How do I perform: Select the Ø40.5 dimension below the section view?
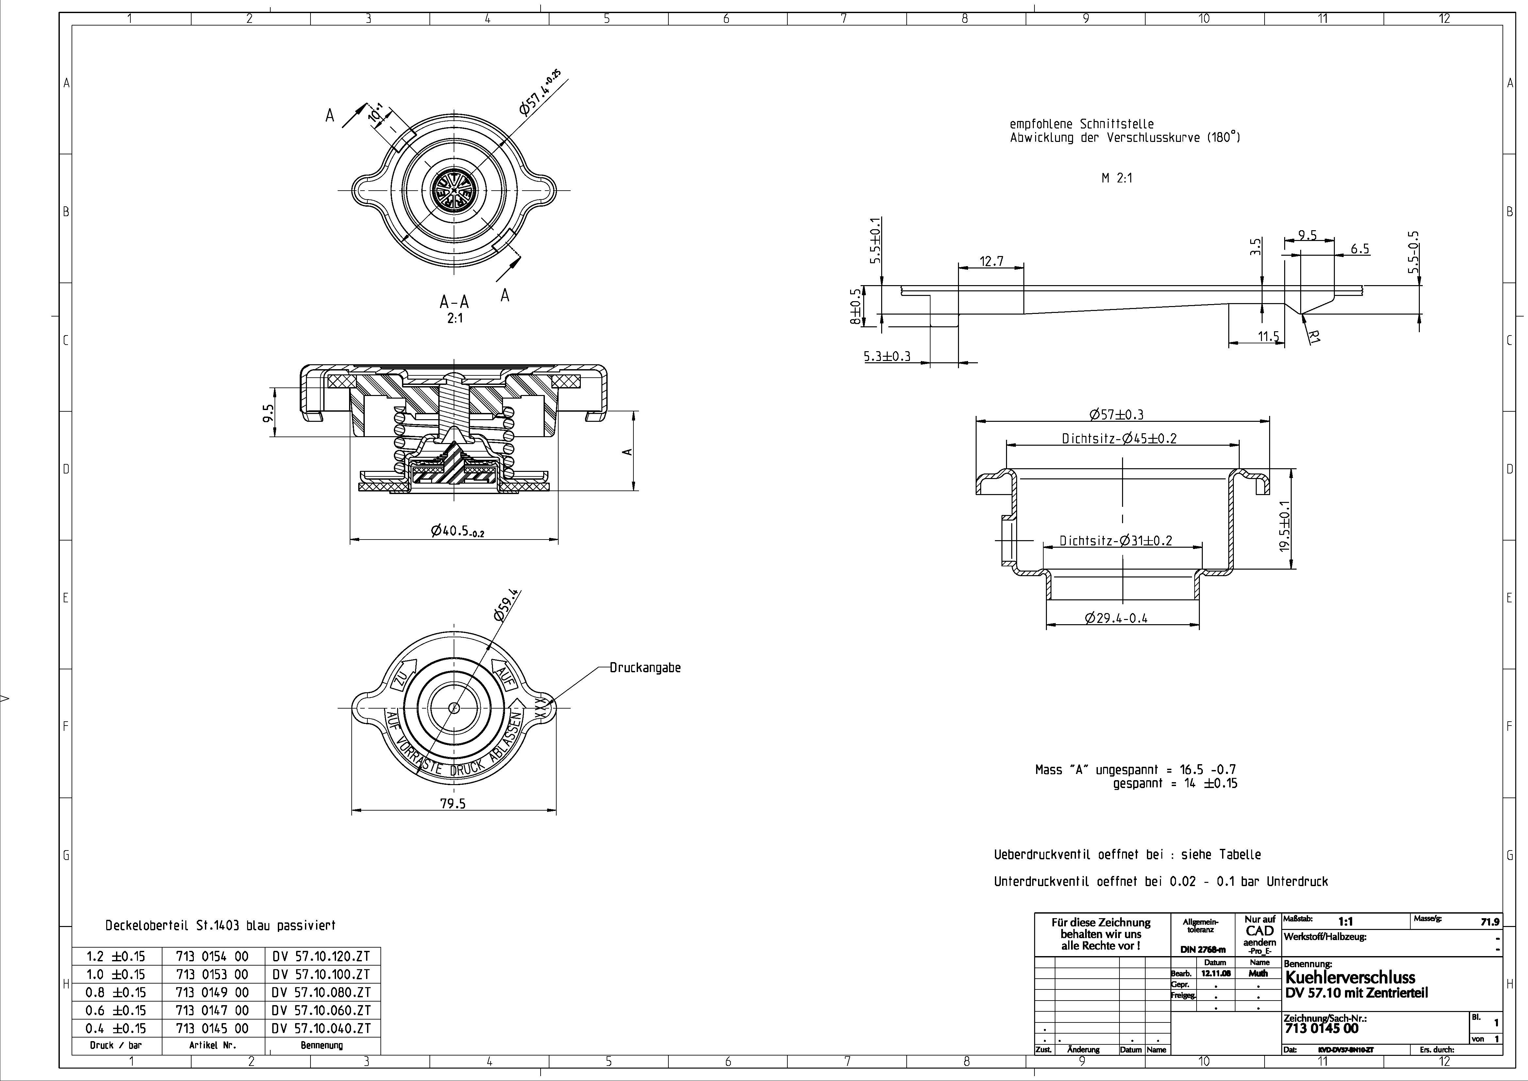click(457, 531)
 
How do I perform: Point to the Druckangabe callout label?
click(645, 668)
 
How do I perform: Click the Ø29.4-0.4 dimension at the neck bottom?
click(1116, 618)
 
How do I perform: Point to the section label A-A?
click(454, 302)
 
